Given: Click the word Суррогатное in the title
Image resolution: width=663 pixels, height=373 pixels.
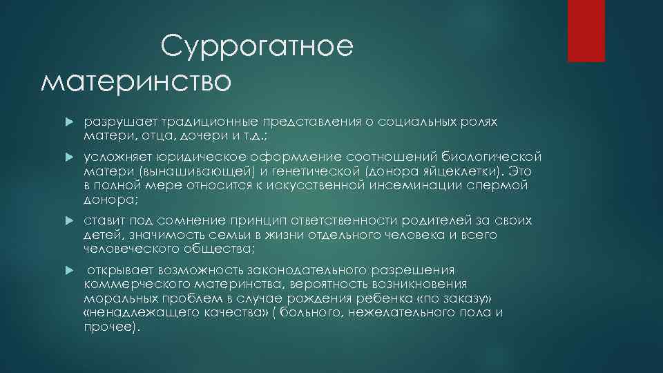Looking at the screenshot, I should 257,48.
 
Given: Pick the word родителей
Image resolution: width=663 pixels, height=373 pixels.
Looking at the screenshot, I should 434,220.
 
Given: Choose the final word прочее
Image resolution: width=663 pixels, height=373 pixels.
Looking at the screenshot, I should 109,327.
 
